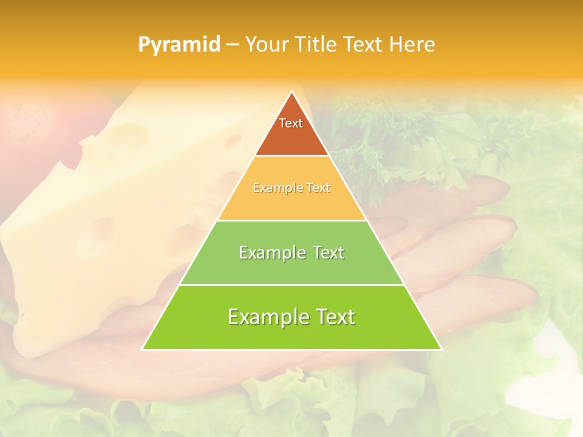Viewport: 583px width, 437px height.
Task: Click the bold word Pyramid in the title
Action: coord(179,45)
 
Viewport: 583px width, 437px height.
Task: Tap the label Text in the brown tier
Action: coord(291,123)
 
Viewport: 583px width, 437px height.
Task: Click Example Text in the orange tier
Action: coord(291,188)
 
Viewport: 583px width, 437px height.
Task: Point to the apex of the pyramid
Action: coord(291,92)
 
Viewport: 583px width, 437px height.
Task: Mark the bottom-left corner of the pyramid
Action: coord(143,349)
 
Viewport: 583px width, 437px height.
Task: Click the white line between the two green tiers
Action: coord(291,285)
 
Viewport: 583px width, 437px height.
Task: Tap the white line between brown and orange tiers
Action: coord(291,156)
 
